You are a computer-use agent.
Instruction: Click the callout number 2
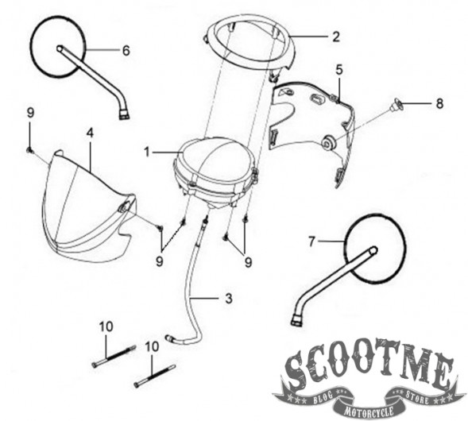point(336,37)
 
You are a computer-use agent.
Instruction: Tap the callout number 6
point(126,50)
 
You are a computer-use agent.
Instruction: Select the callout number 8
point(439,104)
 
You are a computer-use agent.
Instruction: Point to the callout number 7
point(311,241)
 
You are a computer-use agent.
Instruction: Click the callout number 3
point(228,299)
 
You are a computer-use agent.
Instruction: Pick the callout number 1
point(147,153)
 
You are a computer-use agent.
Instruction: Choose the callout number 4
point(90,133)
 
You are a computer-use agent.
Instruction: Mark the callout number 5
point(339,70)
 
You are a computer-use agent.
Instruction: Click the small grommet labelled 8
point(396,105)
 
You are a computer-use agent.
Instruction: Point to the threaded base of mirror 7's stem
point(296,320)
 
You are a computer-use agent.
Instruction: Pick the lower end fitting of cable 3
point(169,338)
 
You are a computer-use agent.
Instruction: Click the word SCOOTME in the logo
point(369,365)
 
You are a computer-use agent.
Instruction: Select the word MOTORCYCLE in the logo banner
point(369,411)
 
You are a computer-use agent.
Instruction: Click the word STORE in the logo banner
point(416,397)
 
